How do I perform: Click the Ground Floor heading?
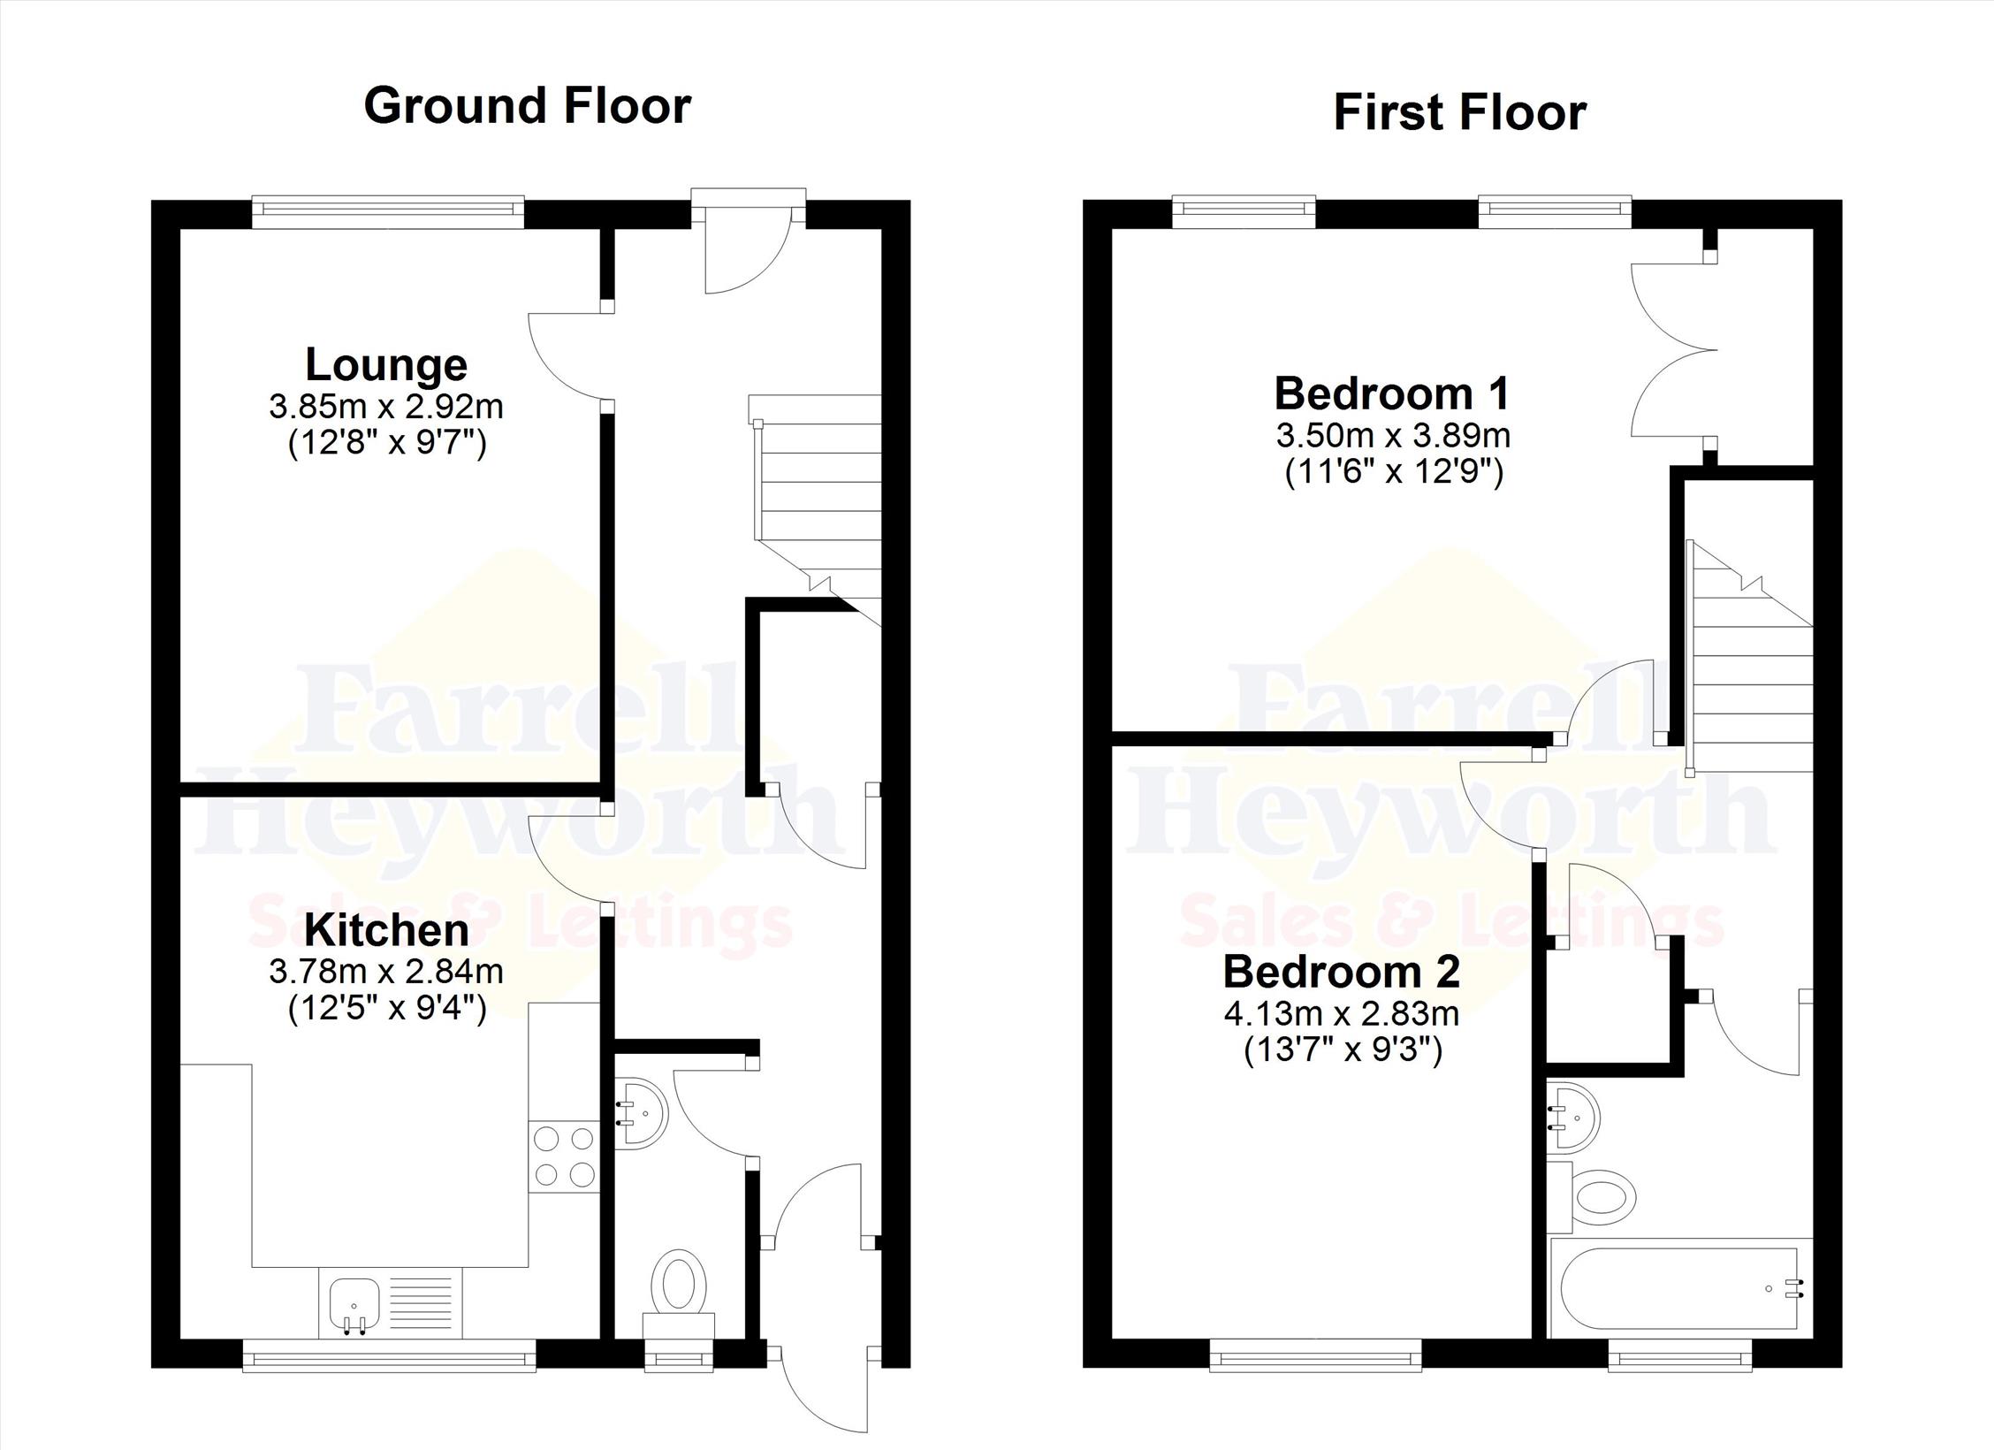click(528, 106)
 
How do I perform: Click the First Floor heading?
click(1459, 113)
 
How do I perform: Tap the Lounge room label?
click(386, 363)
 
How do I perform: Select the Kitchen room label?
click(386, 930)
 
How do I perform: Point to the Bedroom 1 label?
click(1392, 393)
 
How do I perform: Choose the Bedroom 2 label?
click(1342, 972)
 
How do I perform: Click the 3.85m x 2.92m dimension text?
click(386, 407)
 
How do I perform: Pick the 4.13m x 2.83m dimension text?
click(1342, 1013)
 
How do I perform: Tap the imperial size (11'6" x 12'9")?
click(1394, 473)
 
